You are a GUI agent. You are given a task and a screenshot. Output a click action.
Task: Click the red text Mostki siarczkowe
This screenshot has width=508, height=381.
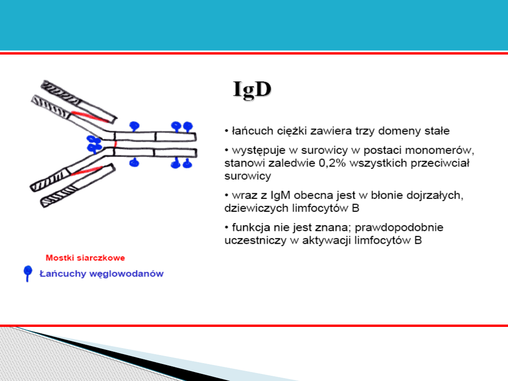pos(85,258)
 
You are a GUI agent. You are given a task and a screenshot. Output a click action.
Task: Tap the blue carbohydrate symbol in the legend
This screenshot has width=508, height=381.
pos(28,273)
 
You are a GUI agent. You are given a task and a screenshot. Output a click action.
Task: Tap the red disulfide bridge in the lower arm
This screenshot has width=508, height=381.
pos(87,170)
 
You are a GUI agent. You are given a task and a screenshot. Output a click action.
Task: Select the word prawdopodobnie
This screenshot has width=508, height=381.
pos(399,228)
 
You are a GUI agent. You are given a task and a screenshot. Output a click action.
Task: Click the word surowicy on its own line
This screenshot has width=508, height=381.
pos(247,176)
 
